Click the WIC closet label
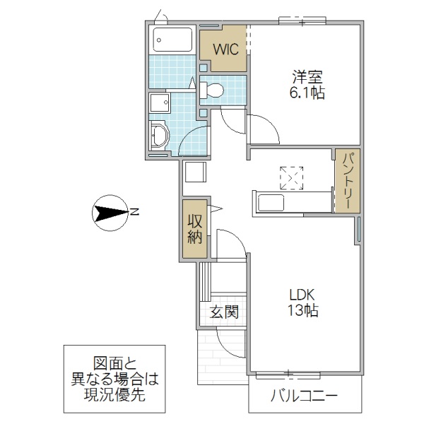coord(223,50)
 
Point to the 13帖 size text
coord(301,311)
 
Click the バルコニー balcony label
coord(304,396)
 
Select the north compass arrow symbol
coord(110,211)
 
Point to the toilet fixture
coord(213,90)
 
